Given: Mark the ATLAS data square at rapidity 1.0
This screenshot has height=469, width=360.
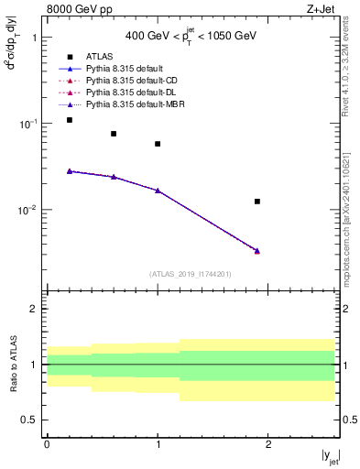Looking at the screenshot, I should [158, 144].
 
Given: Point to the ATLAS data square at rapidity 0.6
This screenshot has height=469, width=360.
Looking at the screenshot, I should [114, 134].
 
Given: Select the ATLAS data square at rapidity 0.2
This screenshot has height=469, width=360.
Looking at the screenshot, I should [70, 120].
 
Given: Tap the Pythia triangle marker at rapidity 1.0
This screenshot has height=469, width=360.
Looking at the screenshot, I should [158, 191].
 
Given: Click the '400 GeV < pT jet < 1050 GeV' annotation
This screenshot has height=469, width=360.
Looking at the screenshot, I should [191, 36].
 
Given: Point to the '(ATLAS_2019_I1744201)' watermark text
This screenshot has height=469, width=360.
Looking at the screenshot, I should [191, 273].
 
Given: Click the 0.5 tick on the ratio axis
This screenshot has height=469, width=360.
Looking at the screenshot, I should [34, 420].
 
